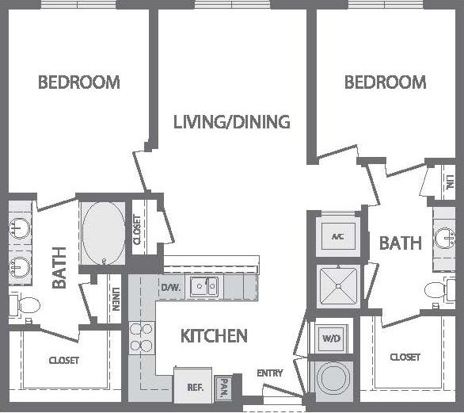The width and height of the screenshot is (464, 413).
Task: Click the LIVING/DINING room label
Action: [232, 122]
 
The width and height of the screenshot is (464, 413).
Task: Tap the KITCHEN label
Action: [214, 336]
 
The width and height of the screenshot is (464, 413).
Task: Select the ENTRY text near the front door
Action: [269, 373]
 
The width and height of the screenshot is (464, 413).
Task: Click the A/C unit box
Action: [337, 236]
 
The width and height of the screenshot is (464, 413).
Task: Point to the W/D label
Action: [330, 338]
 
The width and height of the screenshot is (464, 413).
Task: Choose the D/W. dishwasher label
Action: [171, 287]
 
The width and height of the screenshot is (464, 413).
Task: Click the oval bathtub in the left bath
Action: [103, 233]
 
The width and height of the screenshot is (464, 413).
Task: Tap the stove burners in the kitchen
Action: [140, 336]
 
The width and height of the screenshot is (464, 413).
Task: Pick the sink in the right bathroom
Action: [446, 239]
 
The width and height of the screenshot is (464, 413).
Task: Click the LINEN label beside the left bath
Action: [116, 299]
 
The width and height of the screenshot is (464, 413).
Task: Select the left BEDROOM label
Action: [79, 82]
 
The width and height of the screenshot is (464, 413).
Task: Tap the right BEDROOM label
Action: [385, 82]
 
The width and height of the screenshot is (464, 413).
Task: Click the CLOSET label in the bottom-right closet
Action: [405, 358]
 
